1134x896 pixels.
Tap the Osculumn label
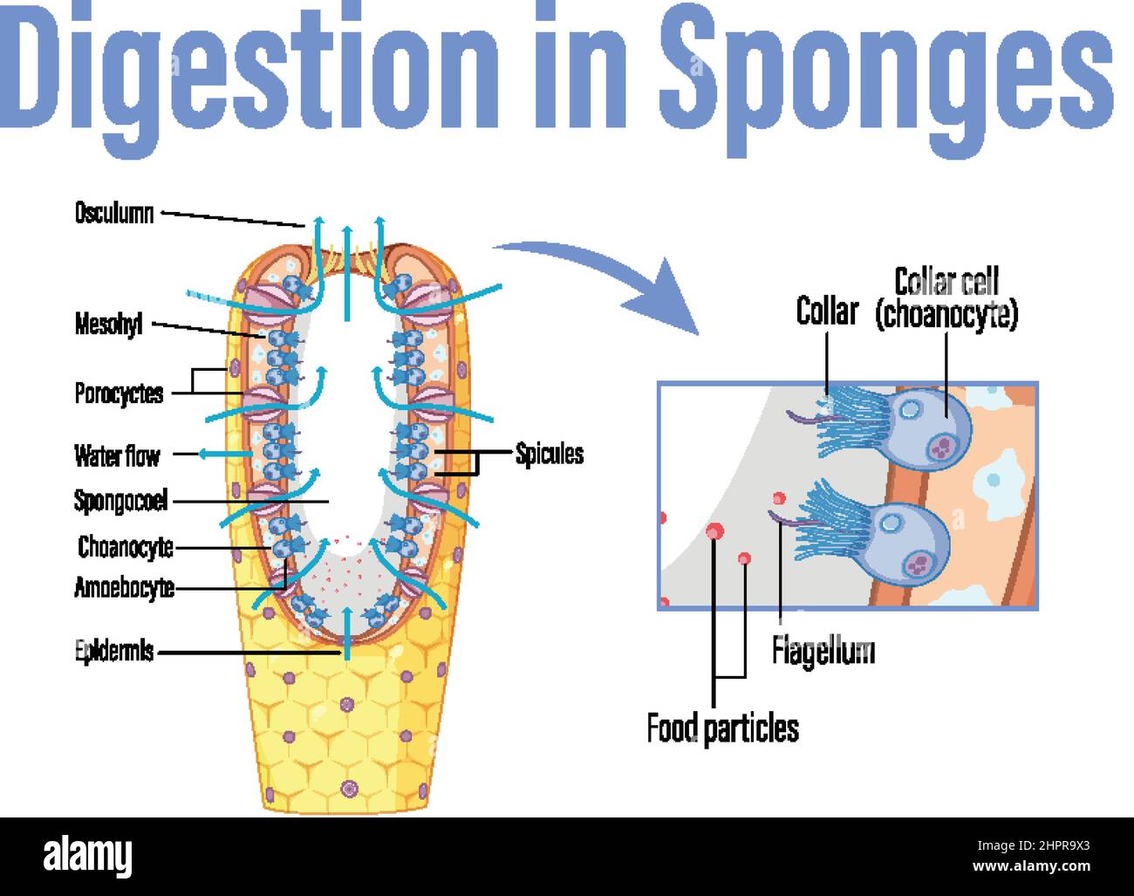click(x=114, y=213)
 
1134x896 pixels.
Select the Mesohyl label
click(x=108, y=326)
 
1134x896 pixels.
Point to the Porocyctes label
click(x=119, y=393)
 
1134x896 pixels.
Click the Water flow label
click(x=117, y=455)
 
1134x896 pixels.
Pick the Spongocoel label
click(x=120, y=501)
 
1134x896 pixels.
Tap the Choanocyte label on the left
click(x=126, y=547)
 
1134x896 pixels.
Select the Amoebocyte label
click(x=124, y=588)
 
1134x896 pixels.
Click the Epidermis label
click(x=114, y=651)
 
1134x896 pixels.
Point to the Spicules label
click(x=549, y=454)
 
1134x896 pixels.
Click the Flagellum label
click(x=823, y=651)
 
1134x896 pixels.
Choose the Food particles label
click(x=722, y=727)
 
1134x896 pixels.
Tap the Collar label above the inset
click(x=827, y=311)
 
